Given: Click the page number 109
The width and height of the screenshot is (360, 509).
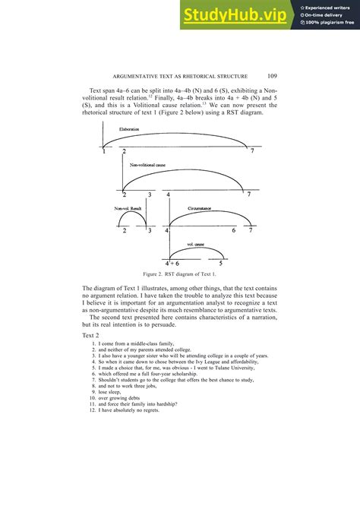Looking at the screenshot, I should pos(274,75).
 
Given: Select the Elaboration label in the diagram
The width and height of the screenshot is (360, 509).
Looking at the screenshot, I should pos(129,130).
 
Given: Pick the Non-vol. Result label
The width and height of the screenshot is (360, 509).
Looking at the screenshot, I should pos(128,207).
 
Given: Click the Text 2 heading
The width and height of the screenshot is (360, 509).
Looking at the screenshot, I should pos(90,335).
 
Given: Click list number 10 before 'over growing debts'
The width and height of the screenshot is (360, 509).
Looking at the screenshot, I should pos(91,398).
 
